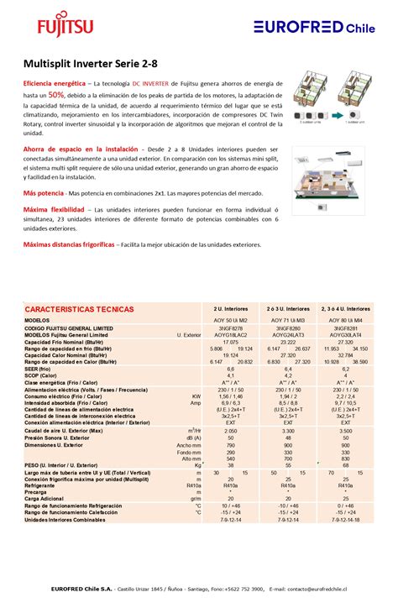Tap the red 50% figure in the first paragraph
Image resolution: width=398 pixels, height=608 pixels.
[55, 96]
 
